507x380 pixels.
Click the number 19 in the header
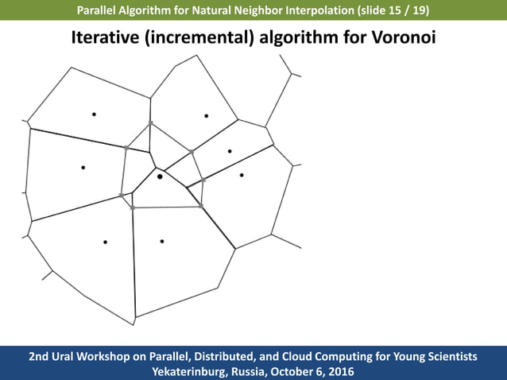click(x=416, y=11)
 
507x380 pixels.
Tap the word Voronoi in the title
click(x=404, y=37)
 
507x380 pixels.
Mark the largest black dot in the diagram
click(x=160, y=176)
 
